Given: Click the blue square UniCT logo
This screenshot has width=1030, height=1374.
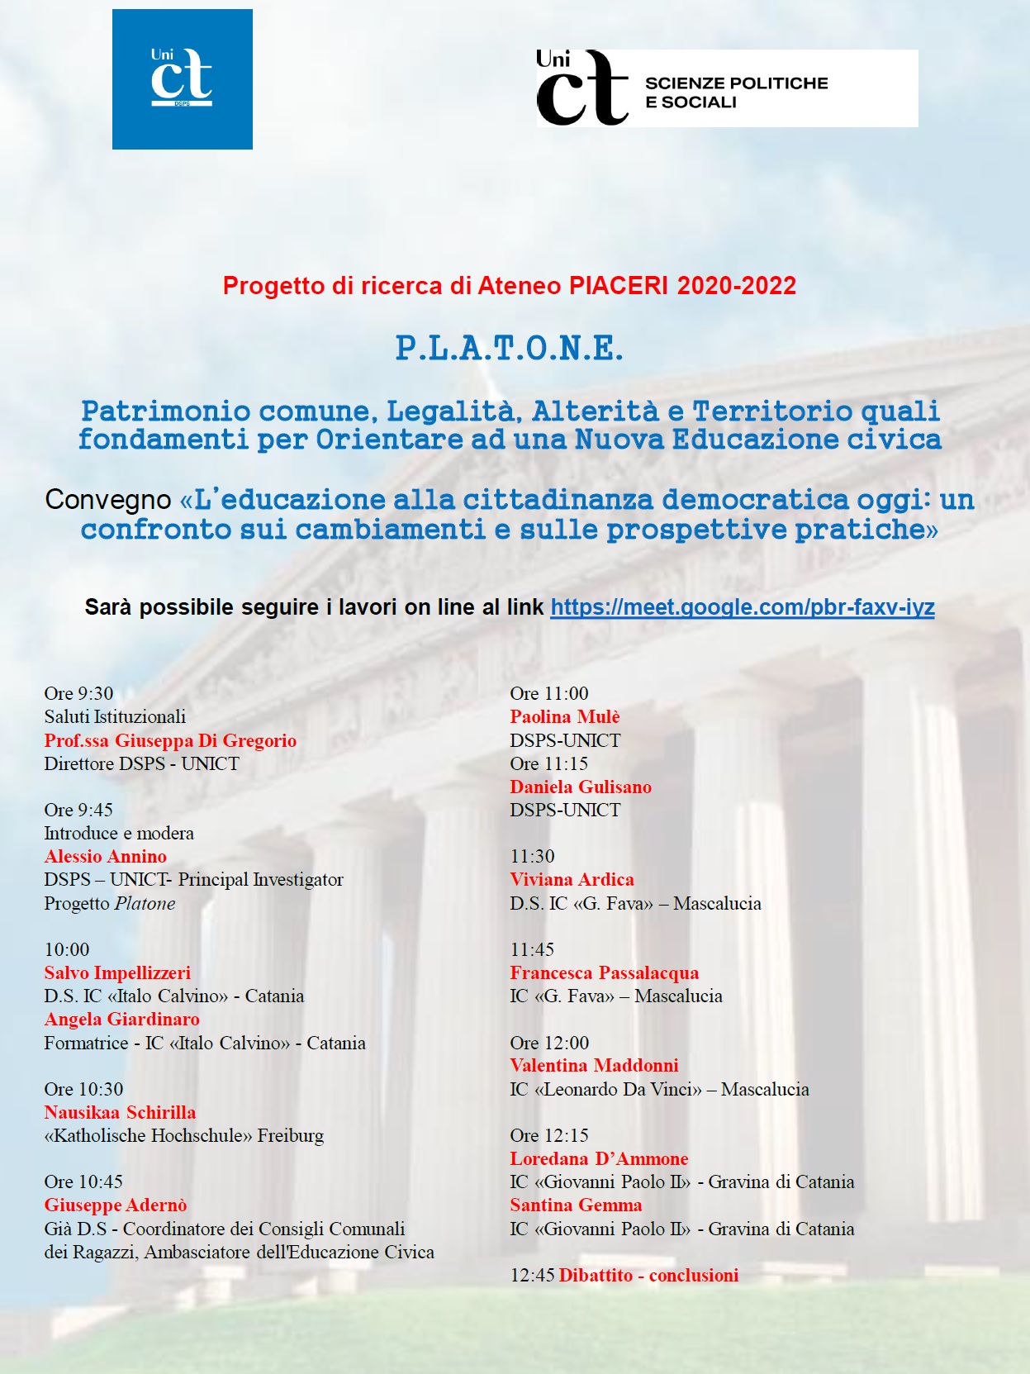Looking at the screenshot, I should [183, 79].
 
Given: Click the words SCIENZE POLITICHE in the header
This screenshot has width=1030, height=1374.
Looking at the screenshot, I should [736, 83].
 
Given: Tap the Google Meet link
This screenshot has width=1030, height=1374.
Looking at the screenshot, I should [742, 607].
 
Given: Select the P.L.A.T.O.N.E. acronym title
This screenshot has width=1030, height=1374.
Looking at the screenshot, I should [509, 349].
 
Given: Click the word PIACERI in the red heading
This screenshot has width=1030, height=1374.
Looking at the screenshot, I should [618, 286].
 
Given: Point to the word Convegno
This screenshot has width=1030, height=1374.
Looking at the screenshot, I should [108, 500].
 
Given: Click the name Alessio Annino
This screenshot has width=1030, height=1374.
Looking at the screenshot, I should [106, 857].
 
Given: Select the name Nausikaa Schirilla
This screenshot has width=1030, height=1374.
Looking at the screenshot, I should [120, 1112].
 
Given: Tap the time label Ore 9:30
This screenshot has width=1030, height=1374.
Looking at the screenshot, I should [78, 693].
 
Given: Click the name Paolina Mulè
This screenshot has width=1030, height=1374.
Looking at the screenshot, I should [564, 717].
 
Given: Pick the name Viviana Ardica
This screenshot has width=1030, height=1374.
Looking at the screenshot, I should [572, 880].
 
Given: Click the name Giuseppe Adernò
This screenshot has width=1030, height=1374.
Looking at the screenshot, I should [116, 1205].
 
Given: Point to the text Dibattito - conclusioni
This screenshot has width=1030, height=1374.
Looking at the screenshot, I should [648, 1275].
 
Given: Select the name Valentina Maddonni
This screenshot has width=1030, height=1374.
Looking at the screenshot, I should [594, 1066].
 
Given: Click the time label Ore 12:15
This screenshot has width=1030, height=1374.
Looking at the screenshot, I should [549, 1135].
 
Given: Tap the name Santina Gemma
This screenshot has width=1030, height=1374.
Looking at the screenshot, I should [576, 1205].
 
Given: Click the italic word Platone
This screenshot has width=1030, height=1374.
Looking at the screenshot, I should [145, 904].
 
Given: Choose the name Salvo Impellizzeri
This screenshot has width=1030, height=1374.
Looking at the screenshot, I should [117, 973].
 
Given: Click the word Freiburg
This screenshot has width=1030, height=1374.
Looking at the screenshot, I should [291, 1136].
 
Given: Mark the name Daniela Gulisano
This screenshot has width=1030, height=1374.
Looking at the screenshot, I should [581, 787].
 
